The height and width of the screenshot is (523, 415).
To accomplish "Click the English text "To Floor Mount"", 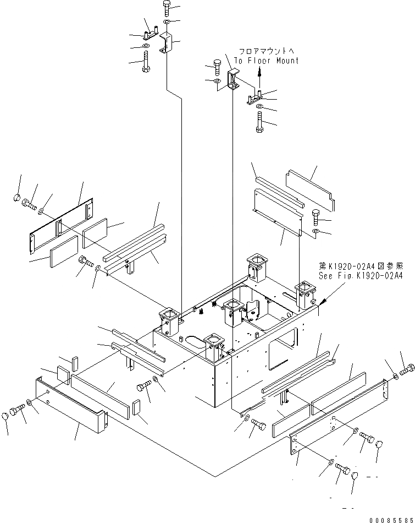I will point(266,61).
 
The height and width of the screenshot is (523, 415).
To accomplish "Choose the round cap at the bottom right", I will point(355,476).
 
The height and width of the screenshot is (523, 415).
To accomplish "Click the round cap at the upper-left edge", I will point(17,197).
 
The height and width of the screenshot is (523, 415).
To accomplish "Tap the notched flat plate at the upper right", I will point(311,190).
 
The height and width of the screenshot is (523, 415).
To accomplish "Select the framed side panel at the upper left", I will point(62,220).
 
